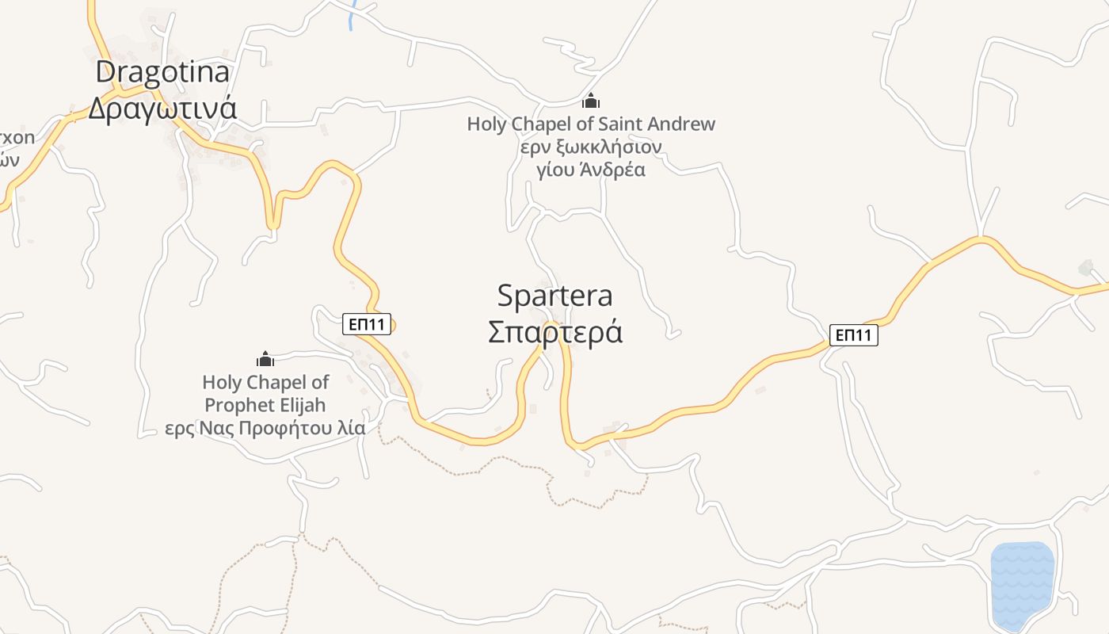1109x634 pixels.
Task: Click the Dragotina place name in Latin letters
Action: coord(162,72)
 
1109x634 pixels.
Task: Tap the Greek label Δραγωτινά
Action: coord(162,107)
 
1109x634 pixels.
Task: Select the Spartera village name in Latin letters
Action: coord(554,296)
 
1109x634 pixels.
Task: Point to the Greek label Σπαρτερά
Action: coord(554,332)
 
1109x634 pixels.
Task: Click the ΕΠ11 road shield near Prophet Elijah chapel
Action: coord(367,323)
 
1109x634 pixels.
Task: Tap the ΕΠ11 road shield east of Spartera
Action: coord(853,335)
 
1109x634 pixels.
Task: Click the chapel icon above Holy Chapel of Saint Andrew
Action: coord(590,101)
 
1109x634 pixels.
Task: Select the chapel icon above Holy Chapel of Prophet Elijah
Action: coord(265,359)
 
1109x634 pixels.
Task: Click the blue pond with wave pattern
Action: coord(1023,584)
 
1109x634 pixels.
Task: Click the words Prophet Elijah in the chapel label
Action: coord(265,405)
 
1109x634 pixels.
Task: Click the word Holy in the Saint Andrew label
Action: coord(485,124)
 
